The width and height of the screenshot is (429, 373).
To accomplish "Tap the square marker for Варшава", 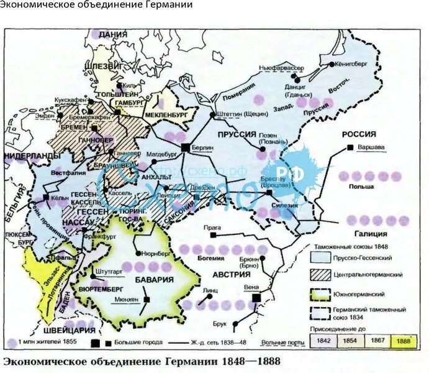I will pyautogui.click(x=351, y=147).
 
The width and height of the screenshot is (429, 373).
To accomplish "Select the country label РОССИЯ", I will pyautogui.click(x=359, y=134).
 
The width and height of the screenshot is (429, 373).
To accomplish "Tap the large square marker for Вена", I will pyautogui.click(x=256, y=299).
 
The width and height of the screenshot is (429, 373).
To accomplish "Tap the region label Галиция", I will pyautogui.click(x=371, y=234).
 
